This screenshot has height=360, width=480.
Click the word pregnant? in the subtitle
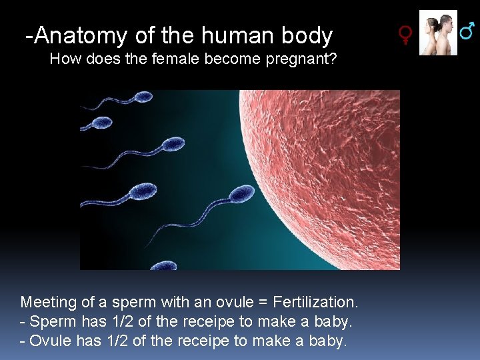tap(301, 59)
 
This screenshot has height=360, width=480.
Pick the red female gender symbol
tap(405, 35)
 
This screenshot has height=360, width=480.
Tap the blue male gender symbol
tap(468, 29)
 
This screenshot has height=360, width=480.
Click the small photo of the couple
tap(438, 33)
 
